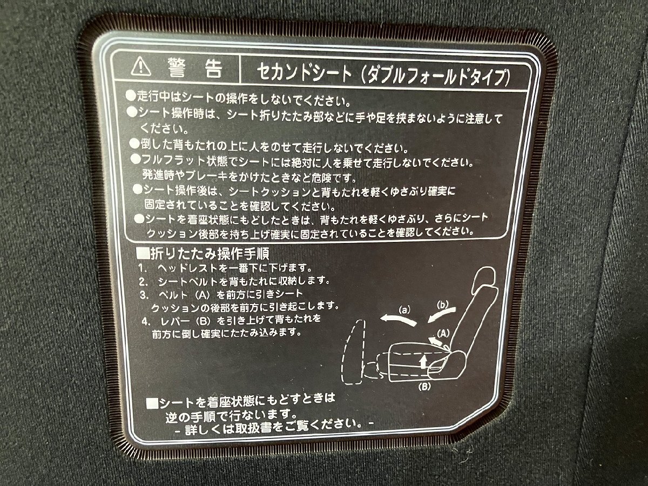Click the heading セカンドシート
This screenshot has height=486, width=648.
pyautogui.click(x=305, y=72)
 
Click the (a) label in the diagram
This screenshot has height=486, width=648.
pyautogui.click(x=404, y=310)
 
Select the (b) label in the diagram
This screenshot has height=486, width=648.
pyautogui.click(x=442, y=305)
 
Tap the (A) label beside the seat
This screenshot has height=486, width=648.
pyautogui.click(x=443, y=333)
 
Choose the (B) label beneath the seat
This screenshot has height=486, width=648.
pyautogui.click(x=424, y=387)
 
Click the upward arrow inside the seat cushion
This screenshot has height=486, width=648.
pyautogui.click(x=424, y=361)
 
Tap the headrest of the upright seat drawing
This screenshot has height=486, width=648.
pyautogui.click(x=484, y=278)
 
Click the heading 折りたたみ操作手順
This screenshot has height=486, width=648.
pyautogui.click(x=203, y=254)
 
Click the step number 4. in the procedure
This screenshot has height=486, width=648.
pyautogui.click(x=145, y=322)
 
